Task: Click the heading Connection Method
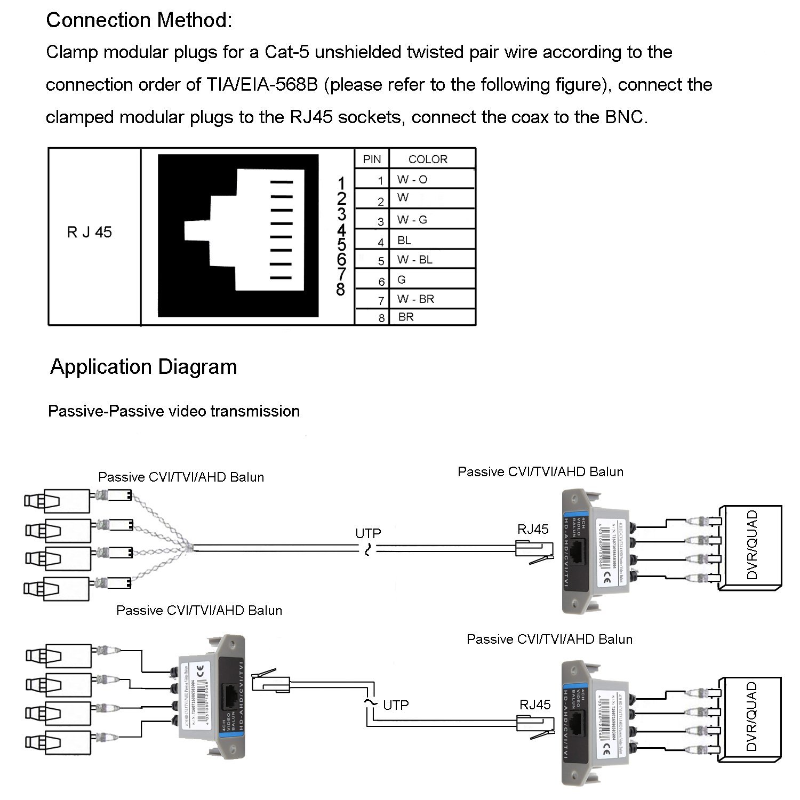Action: (139, 20)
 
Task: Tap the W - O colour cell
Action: (412, 180)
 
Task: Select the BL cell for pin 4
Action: (404, 241)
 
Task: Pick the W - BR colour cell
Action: (416, 299)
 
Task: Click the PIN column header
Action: (372, 159)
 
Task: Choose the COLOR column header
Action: (428, 159)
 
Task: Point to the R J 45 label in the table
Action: (90, 232)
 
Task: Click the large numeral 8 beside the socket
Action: (341, 290)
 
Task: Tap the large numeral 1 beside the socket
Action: (342, 183)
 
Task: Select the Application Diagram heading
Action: (143, 367)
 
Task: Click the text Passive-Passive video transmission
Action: (174, 411)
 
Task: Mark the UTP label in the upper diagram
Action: (368, 533)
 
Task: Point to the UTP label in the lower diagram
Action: (396, 705)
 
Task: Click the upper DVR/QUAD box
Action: (751, 547)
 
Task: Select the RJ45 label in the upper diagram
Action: (533, 529)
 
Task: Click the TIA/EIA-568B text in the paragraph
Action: (261, 85)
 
